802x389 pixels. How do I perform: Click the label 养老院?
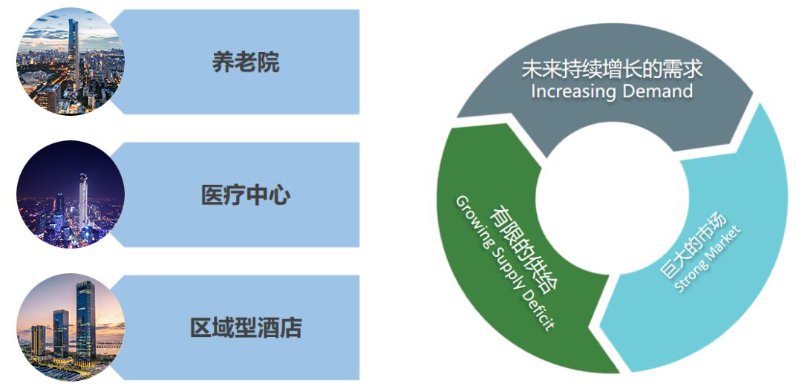point(245,62)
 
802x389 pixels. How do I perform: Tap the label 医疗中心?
point(245,195)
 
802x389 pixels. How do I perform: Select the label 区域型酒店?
point(245,327)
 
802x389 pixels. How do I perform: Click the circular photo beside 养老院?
point(71,62)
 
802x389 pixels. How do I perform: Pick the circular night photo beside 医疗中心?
point(71,194)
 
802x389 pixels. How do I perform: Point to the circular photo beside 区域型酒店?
point(71,327)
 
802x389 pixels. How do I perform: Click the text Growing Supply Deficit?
point(504,264)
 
